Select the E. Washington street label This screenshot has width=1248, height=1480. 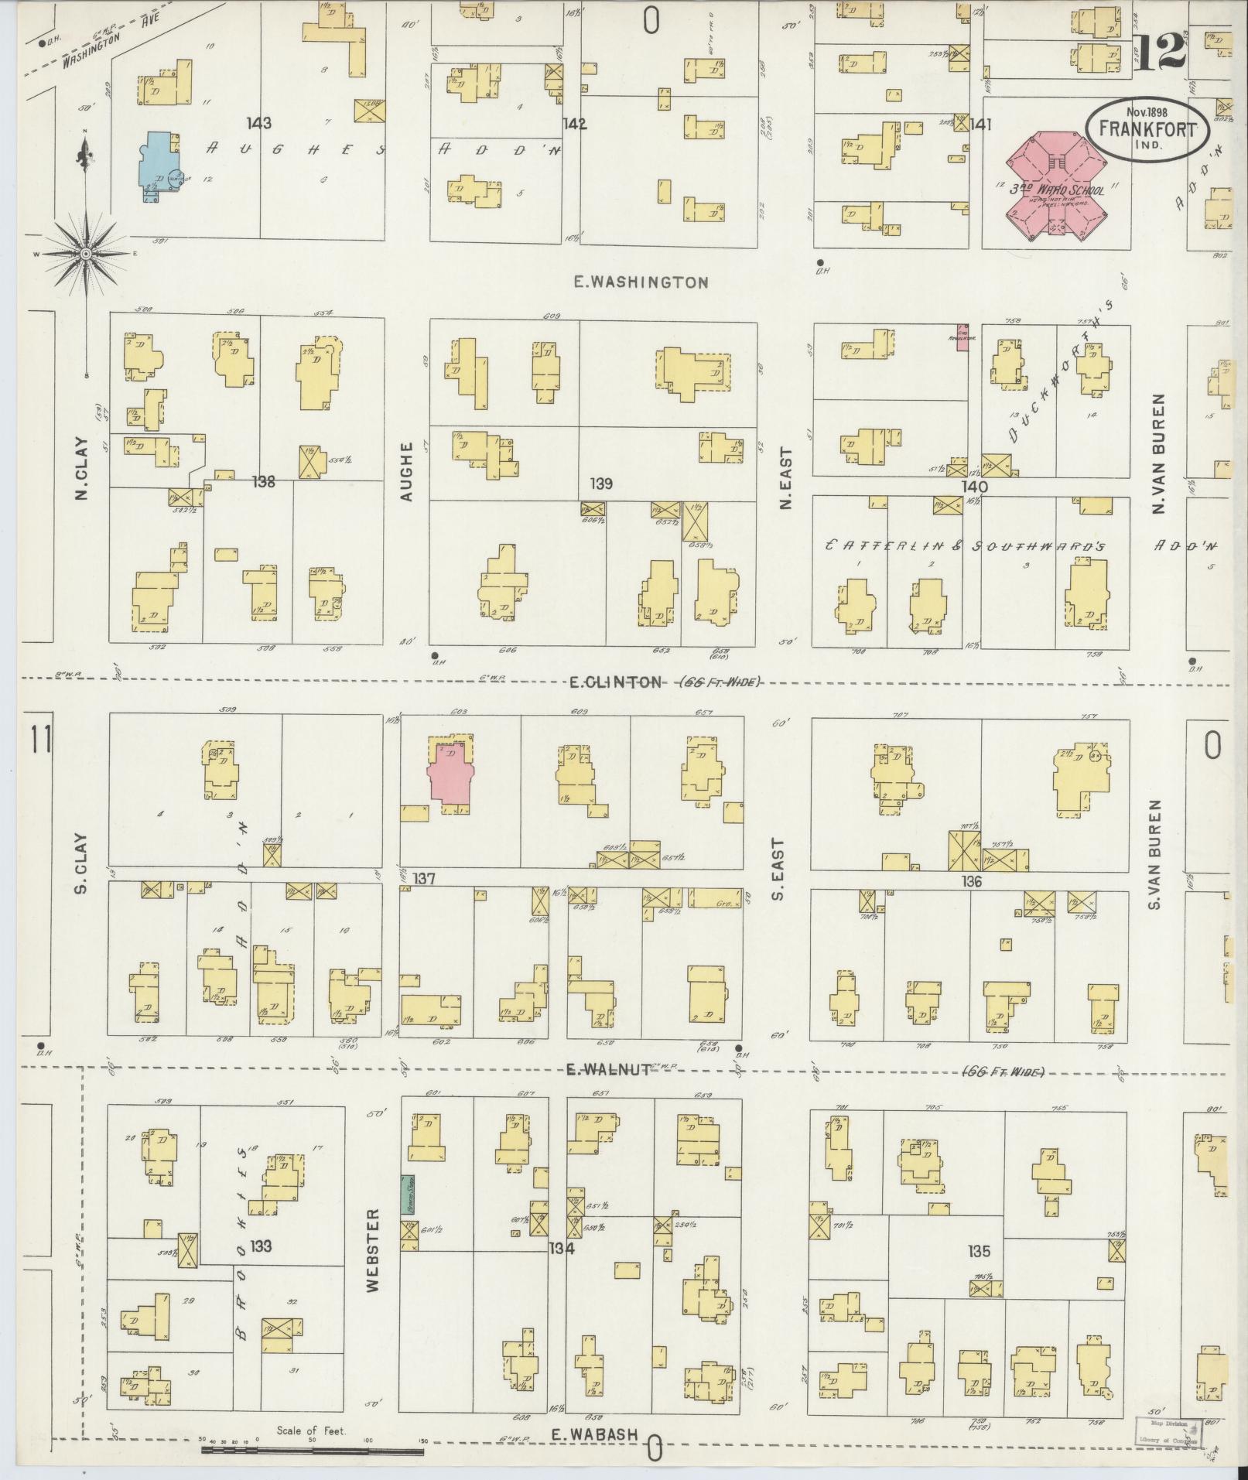pos(641,282)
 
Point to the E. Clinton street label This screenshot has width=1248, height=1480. pos(616,682)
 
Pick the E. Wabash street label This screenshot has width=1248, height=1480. pos(594,1434)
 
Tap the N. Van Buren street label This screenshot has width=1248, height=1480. pos(1158,453)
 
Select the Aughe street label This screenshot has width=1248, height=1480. pos(408,471)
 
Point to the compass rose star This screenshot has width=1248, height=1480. pos(86,254)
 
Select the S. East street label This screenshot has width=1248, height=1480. pos(778,869)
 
